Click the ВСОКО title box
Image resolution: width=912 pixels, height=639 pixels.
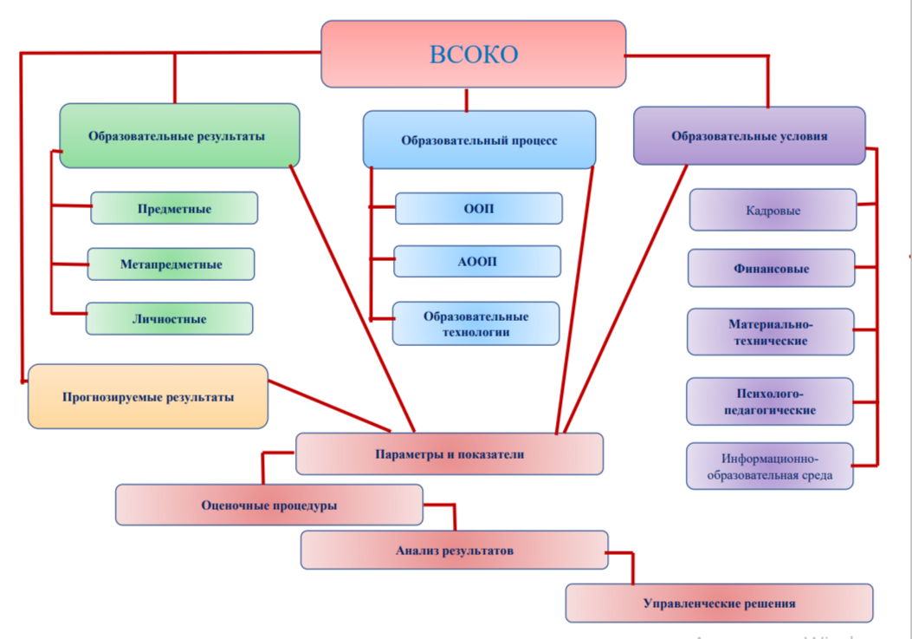[473, 54]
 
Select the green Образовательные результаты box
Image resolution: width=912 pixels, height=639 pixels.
[179, 135]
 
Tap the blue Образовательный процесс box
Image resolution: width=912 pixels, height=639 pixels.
[479, 139]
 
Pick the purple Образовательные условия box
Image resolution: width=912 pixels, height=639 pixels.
[749, 135]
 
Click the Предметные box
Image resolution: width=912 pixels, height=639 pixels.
[174, 208]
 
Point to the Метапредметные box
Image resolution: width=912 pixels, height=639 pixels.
[171, 264]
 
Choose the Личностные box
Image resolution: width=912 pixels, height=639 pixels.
[169, 318]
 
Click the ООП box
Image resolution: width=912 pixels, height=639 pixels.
[478, 208]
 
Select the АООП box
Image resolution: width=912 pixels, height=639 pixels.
[476, 261]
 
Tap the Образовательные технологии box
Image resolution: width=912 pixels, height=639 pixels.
[475, 323]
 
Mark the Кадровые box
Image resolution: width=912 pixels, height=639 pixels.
[773, 210]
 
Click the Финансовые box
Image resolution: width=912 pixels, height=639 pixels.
[771, 268]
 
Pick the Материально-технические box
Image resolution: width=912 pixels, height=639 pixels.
[770, 332]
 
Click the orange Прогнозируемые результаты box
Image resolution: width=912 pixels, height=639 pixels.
[148, 396]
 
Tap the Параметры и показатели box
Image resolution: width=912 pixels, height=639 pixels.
[449, 453]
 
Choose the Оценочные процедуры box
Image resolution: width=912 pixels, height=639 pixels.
[268, 505]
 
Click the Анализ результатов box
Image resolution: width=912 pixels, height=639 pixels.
[454, 550]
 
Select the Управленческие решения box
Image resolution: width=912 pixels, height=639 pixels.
[719, 603]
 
